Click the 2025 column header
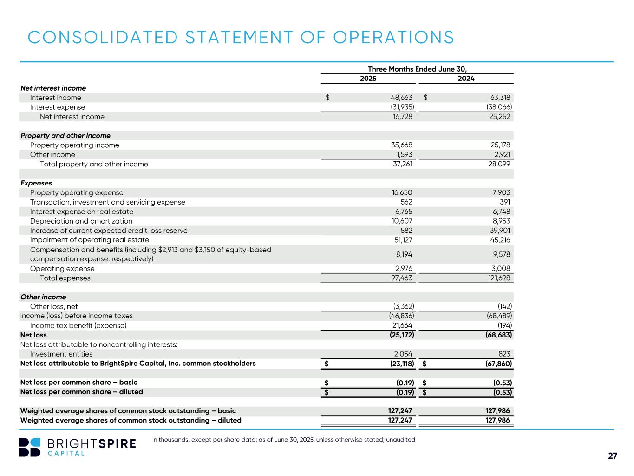click(x=368, y=79)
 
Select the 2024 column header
click(x=466, y=79)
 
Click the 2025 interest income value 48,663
click(x=401, y=98)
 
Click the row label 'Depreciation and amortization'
click(x=81, y=221)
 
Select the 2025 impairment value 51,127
click(x=402, y=240)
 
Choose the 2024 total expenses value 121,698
click(x=498, y=278)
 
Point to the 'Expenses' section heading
click(x=36, y=183)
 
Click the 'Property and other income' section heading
click(x=65, y=136)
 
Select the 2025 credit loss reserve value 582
click(x=406, y=231)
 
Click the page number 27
click(x=613, y=456)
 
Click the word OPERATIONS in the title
click(x=394, y=38)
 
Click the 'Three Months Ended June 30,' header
click(x=417, y=69)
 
